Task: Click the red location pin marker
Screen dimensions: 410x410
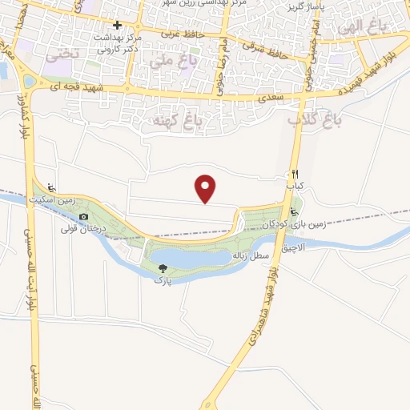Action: [206, 188]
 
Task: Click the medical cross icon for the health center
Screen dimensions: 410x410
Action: [117, 25]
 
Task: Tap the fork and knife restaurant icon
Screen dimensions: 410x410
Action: [295, 174]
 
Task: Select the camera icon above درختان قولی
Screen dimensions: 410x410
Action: [83, 217]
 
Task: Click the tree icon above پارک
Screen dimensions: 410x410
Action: [163, 270]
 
